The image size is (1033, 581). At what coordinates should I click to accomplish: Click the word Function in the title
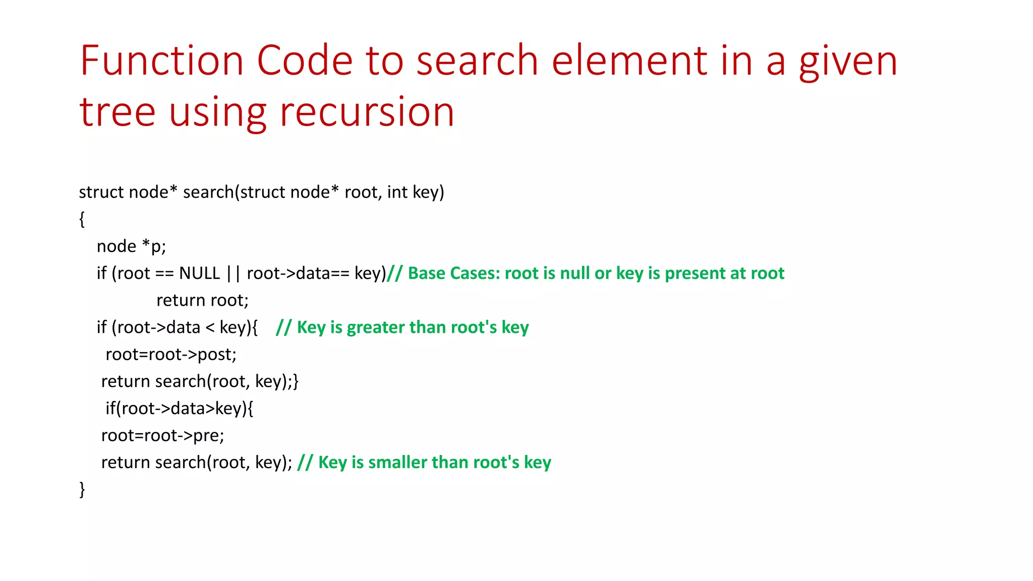click(x=162, y=61)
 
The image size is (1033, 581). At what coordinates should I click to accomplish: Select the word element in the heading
click(x=630, y=61)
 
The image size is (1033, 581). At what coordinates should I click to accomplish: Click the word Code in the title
click(x=305, y=61)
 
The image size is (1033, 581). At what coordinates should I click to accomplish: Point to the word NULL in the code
click(x=199, y=273)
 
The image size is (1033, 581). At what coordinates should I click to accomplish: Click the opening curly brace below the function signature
click(x=82, y=219)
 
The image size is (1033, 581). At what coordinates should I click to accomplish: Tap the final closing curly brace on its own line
click(x=82, y=490)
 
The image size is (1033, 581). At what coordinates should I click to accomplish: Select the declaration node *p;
click(x=131, y=247)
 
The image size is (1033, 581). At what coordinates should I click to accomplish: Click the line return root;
click(x=202, y=301)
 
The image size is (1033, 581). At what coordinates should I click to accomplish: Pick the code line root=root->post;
click(x=170, y=355)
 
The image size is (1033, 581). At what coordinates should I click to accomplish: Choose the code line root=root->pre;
click(x=162, y=435)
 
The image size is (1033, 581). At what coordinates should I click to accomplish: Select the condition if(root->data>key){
click(x=179, y=409)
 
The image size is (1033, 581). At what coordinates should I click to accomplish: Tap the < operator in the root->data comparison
click(x=210, y=328)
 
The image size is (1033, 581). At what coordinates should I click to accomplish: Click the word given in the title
click(x=848, y=61)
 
